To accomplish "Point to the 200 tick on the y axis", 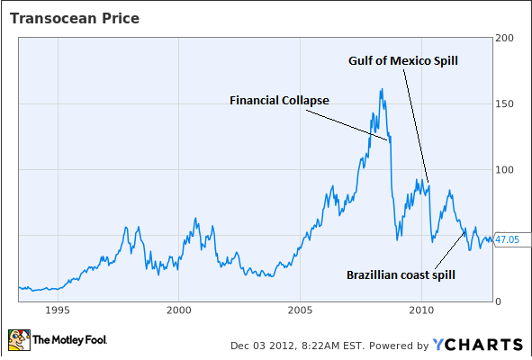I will click(x=505, y=39).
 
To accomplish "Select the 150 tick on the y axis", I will click(x=505, y=104).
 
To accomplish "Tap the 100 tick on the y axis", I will click(x=505, y=170).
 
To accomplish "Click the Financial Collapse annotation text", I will click(x=280, y=100).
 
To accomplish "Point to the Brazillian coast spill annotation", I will click(x=403, y=274).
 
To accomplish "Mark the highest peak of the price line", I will click(x=382, y=89).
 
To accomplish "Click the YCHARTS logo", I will click(x=478, y=344).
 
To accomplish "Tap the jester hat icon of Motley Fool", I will click(x=17, y=340).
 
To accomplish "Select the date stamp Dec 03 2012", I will click(x=257, y=345).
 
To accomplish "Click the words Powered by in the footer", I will click(x=396, y=345).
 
